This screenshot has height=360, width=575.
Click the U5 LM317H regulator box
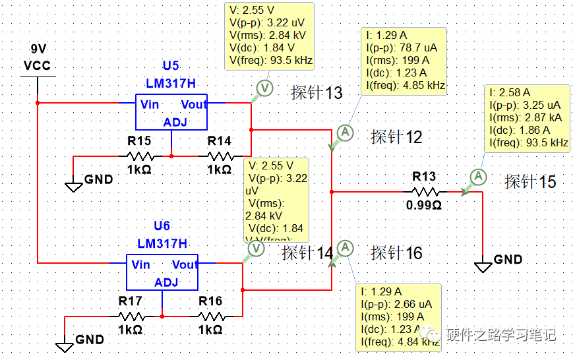171,112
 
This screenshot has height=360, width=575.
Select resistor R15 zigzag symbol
140,156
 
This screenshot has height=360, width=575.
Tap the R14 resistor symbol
220,156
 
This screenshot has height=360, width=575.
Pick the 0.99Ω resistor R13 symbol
425,192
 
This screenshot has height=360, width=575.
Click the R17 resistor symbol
131,316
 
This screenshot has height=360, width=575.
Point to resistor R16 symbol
211,316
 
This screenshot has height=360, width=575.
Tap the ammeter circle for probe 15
479,177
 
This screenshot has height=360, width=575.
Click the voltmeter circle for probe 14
255,249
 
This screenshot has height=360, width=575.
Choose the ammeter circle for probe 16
344,248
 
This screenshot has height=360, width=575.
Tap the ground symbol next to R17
65,345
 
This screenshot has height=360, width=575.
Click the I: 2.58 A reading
510,93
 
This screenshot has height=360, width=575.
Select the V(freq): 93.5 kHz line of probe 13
270,61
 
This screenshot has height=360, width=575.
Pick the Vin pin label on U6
141,265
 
